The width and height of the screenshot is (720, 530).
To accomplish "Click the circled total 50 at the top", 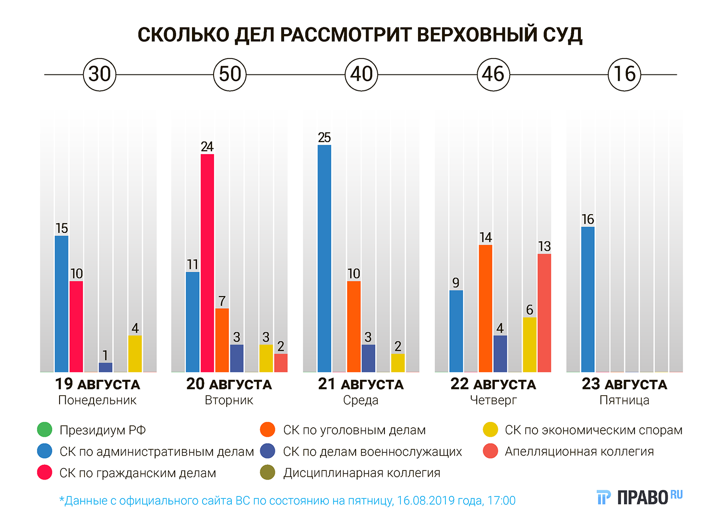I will (230, 74).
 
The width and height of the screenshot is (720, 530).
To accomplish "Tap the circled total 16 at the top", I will (624, 74).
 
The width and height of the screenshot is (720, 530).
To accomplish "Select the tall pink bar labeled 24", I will (207, 263).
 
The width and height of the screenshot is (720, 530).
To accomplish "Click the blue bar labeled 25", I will (324, 258).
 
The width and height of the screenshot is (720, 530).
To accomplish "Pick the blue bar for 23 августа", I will (588, 299).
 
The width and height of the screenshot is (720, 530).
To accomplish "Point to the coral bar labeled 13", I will (544, 313).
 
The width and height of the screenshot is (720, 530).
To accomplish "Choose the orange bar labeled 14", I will (486, 308).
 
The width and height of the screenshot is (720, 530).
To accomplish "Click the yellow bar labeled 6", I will (529, 344).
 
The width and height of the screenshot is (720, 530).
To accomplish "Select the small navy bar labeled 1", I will (106, 367).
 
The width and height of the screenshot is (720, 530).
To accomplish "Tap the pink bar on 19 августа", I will (76, 326).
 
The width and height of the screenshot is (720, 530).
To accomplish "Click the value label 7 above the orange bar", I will (222, 301).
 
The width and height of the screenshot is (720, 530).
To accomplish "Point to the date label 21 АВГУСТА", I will (361, 384).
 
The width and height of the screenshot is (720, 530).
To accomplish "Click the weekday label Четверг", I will (493, 400).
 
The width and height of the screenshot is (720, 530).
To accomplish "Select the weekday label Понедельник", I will (97, 400).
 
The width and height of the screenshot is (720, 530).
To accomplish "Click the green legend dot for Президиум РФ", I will (45, 430).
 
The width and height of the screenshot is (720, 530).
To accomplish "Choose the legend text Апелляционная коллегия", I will (579, 451).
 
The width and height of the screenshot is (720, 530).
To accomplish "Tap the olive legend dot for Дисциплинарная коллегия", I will (267, 473).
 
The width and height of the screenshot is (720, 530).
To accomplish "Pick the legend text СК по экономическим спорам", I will (593, 430).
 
